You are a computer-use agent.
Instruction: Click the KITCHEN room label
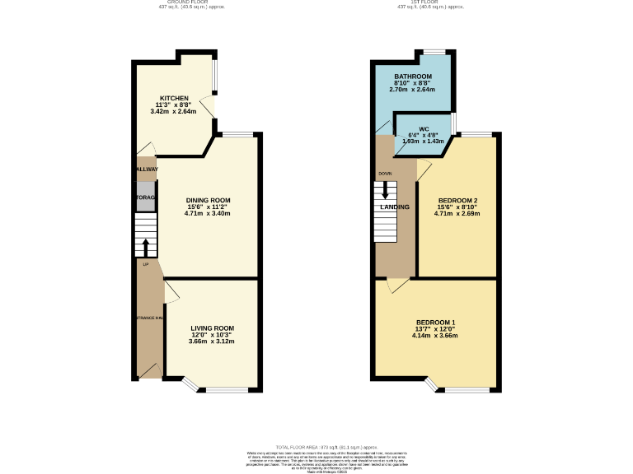pyautogui.click(x=174, y=98)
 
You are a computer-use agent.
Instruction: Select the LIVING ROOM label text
pyautogui.click(x=213, y=328)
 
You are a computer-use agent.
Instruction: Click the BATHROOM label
pyautogui.click(x=413, y=77)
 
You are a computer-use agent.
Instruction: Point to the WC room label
pyautogui.click(x=424, y=129)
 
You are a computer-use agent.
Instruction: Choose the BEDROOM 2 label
pyautogui.click(x=457, y=200)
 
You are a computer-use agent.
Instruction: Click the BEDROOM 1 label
pyautogui.click(x=436, y=322)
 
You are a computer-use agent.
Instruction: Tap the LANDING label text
pyautogui.click(x=394, y=207)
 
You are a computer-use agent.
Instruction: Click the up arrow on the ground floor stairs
pyautogui.click(x=146, y=247)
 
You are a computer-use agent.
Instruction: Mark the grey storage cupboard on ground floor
pyautogui.click(x=146, y=197)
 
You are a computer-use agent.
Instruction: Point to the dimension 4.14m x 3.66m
pyautogui.click(x=436, y=336)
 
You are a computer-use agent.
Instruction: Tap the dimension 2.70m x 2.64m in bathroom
pyautogui.click(x=413, y=90)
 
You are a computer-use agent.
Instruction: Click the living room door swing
pyautogui.click(x=171, y=291)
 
